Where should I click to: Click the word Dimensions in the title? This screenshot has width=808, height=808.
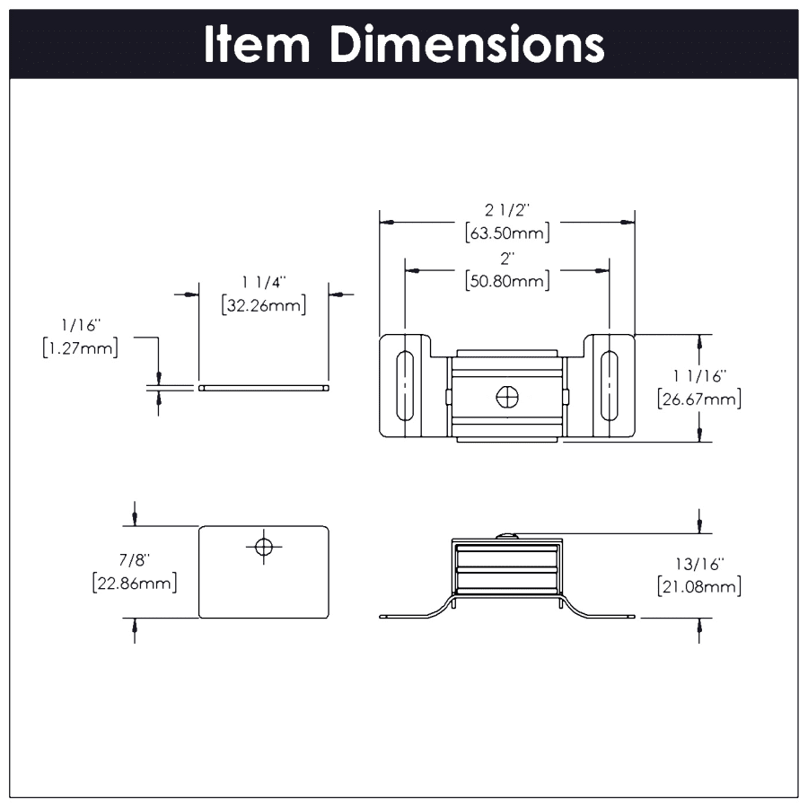tap(466, 45)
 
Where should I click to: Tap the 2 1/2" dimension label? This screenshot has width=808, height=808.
tap(507, 210)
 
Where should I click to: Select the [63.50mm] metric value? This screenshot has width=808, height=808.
tap(507, 233)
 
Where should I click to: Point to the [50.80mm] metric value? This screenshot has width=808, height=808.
tap(507, 282)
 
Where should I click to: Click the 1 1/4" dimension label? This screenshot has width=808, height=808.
tap(263, 283)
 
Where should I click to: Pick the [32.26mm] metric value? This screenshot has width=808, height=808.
tap(263, 305)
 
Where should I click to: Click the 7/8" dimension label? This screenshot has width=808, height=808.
tap(135, 560)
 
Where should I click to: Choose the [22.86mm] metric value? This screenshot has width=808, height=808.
tap(135, 584)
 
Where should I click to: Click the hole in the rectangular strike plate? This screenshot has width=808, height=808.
tap(263, 546)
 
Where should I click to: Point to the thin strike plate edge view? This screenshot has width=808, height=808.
tap(263, 388)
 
